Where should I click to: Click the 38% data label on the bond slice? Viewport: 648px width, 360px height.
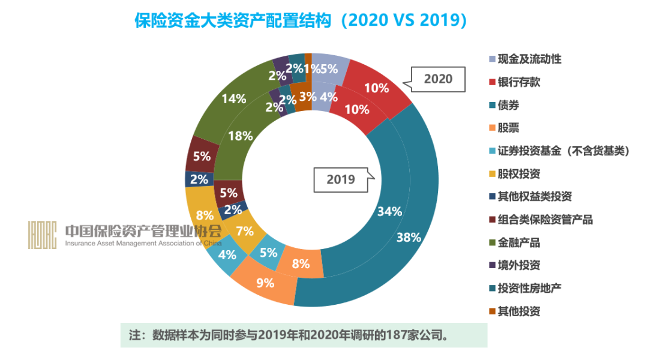coord(409,237)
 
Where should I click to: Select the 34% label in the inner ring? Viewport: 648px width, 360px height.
coord(389,211)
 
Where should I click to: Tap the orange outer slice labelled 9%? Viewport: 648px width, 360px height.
coord(265,282)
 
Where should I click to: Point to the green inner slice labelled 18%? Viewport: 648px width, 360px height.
coord(240,136)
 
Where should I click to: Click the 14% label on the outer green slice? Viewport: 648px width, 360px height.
coord(233,98)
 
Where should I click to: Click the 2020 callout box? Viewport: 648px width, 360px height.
coord(438,79)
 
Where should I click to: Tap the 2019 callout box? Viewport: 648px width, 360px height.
coord(340,179)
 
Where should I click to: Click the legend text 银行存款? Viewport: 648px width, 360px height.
coord(519,82)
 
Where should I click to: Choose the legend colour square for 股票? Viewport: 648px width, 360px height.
coord(493,128)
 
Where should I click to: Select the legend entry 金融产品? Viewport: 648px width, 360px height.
coord(519,242)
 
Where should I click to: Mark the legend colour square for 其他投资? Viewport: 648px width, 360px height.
coord(493,311)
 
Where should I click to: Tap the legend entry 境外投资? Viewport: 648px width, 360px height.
coord(519,265)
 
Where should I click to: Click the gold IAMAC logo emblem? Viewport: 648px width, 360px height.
coord(42,235)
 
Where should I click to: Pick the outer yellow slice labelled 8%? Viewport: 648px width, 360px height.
coord(205,214)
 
